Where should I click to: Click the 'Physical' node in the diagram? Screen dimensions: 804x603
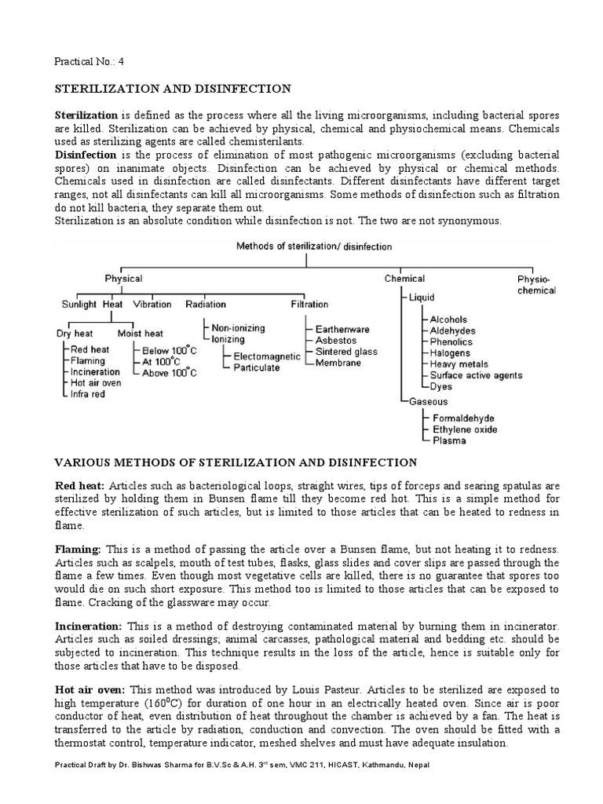point(124,279)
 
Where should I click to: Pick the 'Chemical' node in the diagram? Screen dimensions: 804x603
point(404,279)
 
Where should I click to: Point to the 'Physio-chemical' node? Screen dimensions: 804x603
point(536,285)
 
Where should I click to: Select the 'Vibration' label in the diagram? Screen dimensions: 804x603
point(152,305)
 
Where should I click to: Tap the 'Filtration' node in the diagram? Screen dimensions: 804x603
point(309,305)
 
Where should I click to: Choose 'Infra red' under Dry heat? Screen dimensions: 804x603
point(90,394)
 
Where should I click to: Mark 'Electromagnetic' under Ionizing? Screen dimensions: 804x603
point(267,356)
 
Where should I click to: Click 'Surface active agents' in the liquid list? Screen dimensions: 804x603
point(476,375)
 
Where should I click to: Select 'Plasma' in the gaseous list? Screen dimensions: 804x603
point(450,441)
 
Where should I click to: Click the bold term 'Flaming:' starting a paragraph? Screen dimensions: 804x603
point(77,550)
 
